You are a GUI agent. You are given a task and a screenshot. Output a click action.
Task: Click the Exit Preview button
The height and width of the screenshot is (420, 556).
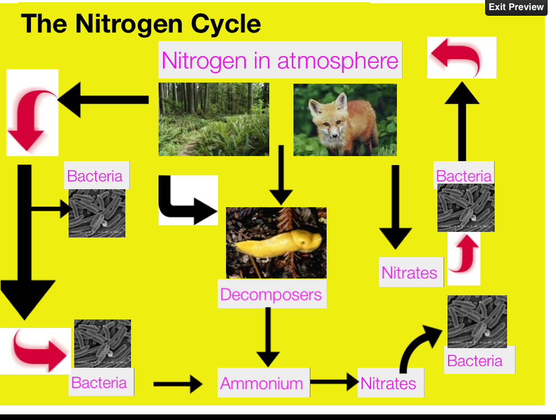pos(516,7)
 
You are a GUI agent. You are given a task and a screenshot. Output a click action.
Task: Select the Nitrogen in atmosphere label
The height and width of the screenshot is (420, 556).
pos(279,60)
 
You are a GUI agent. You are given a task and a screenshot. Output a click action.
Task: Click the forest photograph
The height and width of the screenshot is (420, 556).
pos(214,119)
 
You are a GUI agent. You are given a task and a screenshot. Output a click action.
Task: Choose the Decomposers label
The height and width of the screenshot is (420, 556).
pos(271,294)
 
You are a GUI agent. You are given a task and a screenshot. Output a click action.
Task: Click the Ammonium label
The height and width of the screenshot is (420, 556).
pos(262,384)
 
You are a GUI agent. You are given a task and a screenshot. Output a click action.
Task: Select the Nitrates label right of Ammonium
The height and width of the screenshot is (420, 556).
pos(388,384)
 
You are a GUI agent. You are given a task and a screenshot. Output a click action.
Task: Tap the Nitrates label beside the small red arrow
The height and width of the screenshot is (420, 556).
pos(409,273)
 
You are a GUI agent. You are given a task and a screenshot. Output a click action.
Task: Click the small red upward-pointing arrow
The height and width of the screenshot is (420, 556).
pos(464,255)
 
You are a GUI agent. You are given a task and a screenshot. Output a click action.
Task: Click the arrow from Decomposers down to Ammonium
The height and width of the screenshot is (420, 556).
pos(269,337)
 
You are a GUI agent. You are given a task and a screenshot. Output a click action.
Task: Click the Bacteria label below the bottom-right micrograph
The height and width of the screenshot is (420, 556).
pos(475,360)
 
